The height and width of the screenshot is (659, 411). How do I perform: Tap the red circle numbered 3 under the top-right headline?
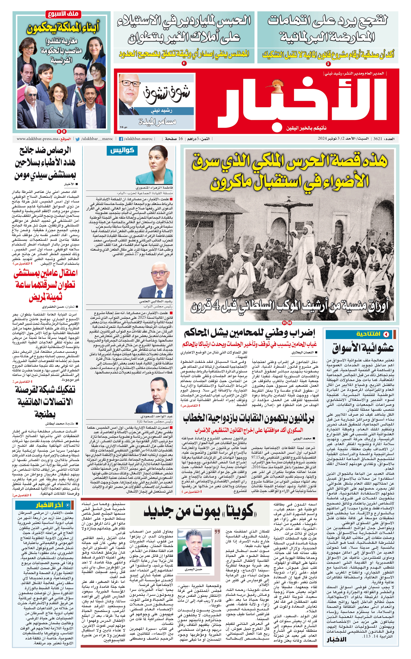[x=328, y=64]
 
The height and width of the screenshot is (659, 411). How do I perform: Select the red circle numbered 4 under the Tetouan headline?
[x=184, y=63]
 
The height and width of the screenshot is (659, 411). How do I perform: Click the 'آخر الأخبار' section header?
[x=50, y=505]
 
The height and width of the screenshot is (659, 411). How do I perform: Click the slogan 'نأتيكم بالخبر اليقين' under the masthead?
[x=306, y=128]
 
